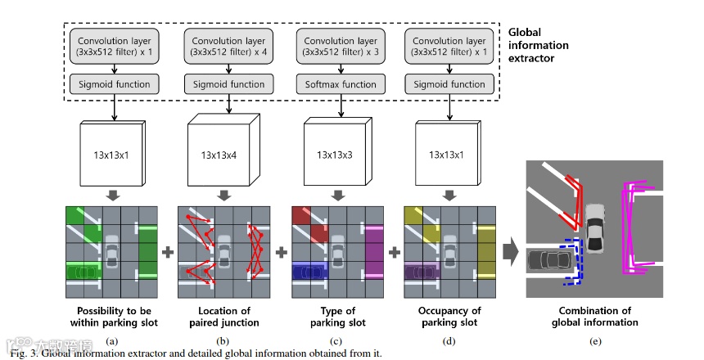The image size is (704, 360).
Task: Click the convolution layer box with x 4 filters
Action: click(x=228, y=47)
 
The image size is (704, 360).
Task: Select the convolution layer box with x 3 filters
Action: click(x=341, y=47)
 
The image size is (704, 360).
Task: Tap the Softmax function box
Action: click(x=341, y=84)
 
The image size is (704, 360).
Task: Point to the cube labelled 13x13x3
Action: click(x=338, y=151)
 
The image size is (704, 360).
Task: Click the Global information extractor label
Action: click(x=538, y=45)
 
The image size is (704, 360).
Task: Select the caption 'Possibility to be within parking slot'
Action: click(x=114, y=317)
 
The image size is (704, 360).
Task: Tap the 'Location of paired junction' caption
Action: click(x=224, y=317)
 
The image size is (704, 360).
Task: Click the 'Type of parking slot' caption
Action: click(x=338, y=317)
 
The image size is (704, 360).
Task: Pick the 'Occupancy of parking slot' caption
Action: click(x=449, y=317)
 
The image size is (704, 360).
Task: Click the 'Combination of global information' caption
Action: click(x=595, y=317)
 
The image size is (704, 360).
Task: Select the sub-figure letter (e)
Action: click(x=595, y=341)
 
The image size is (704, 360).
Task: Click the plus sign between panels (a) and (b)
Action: click(x=168, y=252)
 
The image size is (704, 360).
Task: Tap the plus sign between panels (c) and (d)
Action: click(x=395, y=252)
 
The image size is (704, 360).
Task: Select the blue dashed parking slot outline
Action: click(x=571, y=262)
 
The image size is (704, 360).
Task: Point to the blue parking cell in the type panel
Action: click(x=309, y=270)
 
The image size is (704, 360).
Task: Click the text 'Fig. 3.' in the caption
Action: click(x=25, y=353)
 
